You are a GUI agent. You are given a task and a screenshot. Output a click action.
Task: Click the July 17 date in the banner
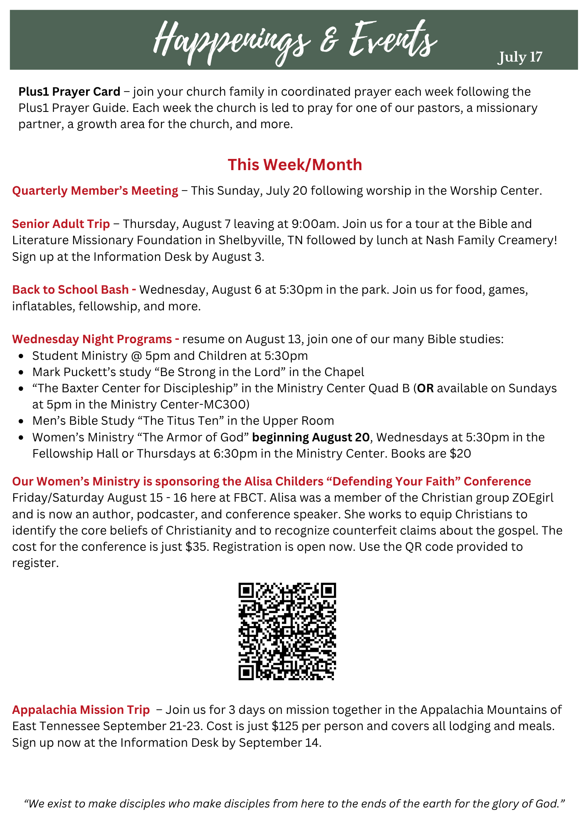pos(520,57)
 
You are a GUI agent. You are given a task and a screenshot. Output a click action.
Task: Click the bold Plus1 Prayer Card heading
pos(69,92)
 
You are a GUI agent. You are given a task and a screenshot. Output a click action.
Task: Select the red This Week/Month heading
pos(294,165)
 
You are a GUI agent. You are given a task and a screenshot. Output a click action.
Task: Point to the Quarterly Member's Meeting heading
pos(95,191)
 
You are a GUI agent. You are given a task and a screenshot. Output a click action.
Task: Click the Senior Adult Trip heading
pos(61,224)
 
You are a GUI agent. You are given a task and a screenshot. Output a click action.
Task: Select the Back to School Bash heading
pos(74,290)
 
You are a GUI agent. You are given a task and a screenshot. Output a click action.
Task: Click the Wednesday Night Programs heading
pos(96,339)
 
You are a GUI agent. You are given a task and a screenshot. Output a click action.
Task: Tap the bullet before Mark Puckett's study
pos(21,372)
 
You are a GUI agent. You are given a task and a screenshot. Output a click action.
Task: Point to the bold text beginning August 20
pos(311,437)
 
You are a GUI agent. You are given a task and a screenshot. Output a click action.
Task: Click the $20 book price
pos(460,453)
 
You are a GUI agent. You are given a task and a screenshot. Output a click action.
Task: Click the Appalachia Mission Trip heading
pos(81,710)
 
